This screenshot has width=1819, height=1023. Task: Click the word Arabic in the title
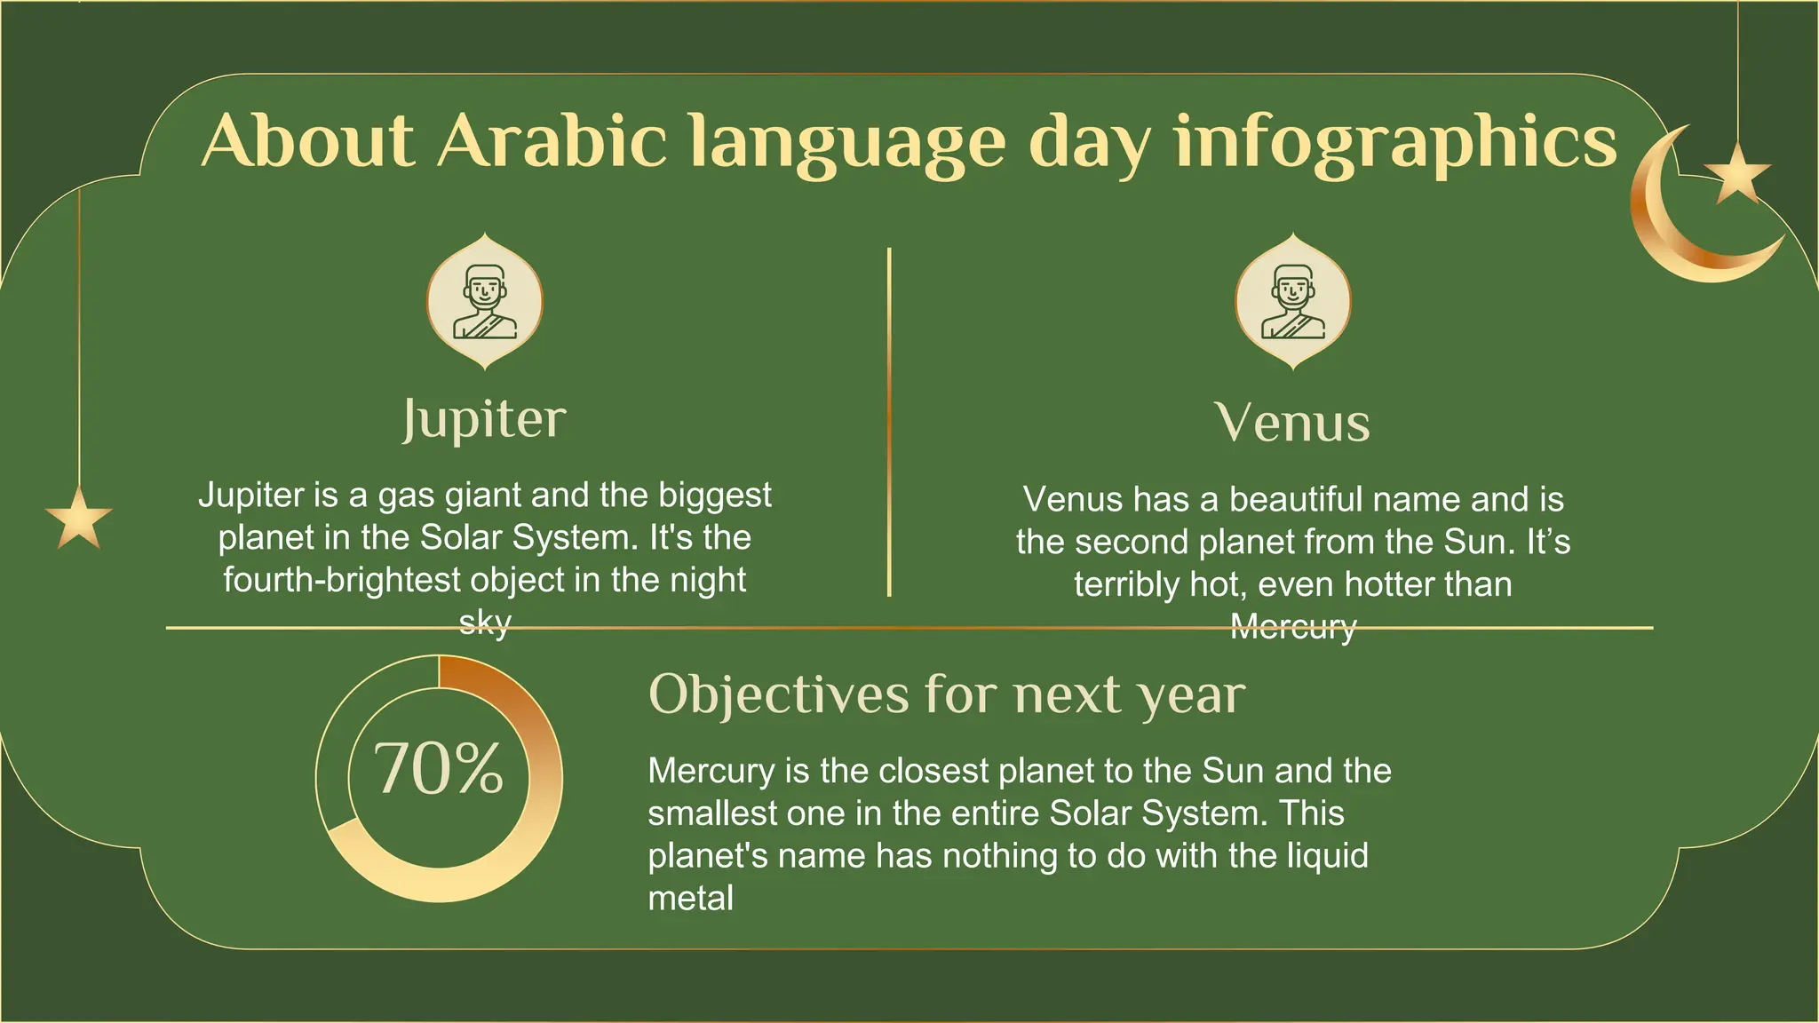pos(552,141)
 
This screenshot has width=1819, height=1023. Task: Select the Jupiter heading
pos(484,419)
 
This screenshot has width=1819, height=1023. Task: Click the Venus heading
pos(1292,423)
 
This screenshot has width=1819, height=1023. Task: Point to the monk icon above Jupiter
pos(485,302)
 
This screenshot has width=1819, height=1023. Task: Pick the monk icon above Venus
pos(1293,302)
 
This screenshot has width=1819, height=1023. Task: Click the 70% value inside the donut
pos(439,768)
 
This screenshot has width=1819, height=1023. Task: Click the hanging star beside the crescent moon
pos(1737,172)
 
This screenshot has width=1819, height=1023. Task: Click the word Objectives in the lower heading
pos(779,694)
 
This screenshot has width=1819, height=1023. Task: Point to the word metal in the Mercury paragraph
pos(691,898)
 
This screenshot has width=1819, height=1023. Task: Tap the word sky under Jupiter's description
pos(485,622)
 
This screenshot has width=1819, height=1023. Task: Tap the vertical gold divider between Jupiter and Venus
pos(889,422)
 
